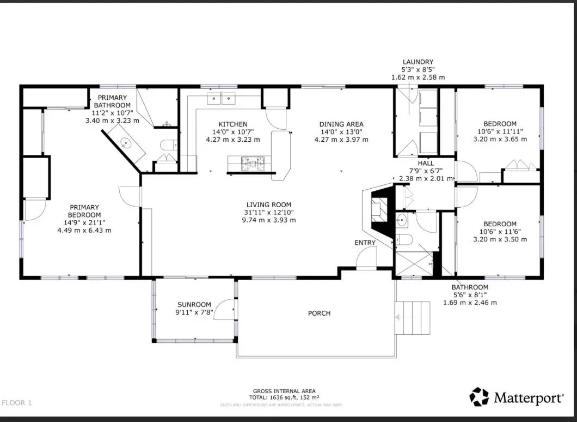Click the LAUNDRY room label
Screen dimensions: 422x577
pyautogui.click(x=418, y=62)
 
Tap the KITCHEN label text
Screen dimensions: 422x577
pyautogui.click(x=232, y=124)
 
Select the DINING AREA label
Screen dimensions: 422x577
pyautogui.click(x=341, y=124)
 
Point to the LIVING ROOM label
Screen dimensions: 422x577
pyautogui.click(x=269, y=205)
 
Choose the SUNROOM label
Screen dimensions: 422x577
pyautogui.click(x=194, y=305)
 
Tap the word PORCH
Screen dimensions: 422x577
pyautogui.click(x=319, y=314)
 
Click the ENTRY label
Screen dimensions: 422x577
pyautogui.click(x=365, y=243)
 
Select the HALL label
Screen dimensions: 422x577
pyautogui.click(x=426, y=164)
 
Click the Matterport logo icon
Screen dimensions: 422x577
pyautogui.click(x=479, y=397)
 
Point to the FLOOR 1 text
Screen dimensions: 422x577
pyautogui.click(x=17, y=403)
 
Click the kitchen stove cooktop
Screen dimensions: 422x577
pyautogui.click(x=251, y=161)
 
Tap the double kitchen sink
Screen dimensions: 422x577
pyautogui.click(x=220, y=99)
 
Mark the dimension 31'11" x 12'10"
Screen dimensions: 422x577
pyautogui.click(x=269, y=213)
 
